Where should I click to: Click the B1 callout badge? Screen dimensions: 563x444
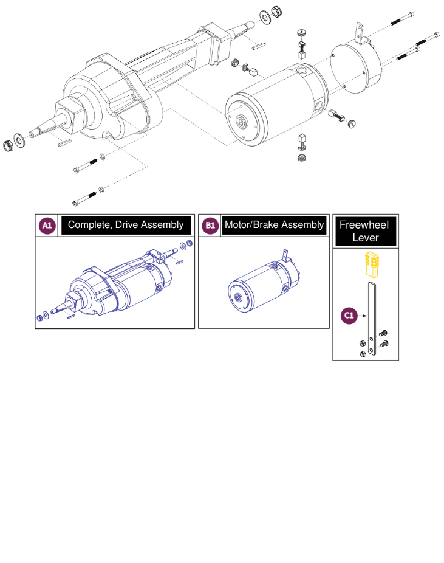(x=210, y=226)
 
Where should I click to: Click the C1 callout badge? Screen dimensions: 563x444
(x=348, y=316)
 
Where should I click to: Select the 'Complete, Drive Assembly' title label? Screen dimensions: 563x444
(x=126, y=226)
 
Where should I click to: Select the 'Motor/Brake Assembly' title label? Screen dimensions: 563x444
(x=274, y=226)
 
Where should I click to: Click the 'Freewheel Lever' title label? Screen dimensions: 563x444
(x=367, y=231)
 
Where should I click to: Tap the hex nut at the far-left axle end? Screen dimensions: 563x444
(x=9, y=146)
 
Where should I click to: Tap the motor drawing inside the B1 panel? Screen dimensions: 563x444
(x=261, y=286)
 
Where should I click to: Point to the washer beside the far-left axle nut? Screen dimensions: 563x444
(x=20, y=141)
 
